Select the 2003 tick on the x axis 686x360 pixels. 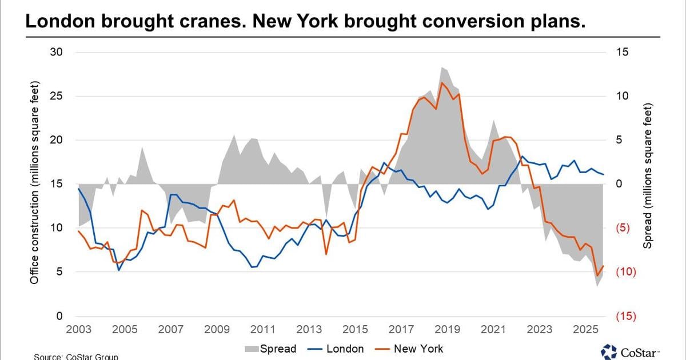[x=78, y=330]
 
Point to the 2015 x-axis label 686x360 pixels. [x=354, y=330]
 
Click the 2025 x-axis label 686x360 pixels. [x=585, y=330]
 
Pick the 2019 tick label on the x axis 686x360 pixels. [x=447, y=330]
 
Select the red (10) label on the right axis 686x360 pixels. [x=626, y=272]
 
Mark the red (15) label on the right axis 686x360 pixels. [x=626, y=316]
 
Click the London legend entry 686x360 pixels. [x=338, y=349]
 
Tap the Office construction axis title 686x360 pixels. [x=34, y=183]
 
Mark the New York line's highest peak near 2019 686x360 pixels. [x=441, y=83]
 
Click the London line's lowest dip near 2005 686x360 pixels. [x=119, y=270]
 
